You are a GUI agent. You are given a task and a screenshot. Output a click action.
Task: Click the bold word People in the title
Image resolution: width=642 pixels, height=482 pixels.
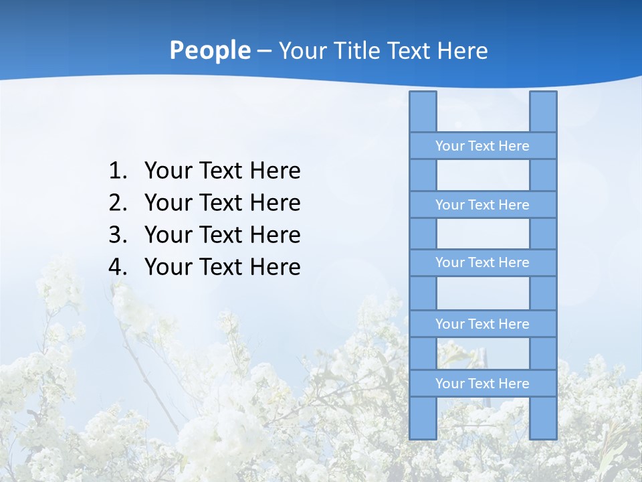pos(209,51)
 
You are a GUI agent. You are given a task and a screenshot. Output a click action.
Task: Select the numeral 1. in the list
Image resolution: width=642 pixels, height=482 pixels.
pos(118,171)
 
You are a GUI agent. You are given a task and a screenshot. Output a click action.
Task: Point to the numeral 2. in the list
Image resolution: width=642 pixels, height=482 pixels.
pos(118,203)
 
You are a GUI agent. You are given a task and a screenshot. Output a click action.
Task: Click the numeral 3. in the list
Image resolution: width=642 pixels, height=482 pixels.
pos(118,235)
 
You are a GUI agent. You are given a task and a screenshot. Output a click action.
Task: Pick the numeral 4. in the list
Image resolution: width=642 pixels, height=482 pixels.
pos(118,267)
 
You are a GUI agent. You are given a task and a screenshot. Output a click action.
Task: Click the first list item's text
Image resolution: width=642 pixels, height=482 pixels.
pos(222,171)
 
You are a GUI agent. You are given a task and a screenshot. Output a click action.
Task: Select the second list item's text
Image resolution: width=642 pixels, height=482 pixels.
pos(222,203)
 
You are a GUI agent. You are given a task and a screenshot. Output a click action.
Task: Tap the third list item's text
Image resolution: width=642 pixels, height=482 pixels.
pos(222,235)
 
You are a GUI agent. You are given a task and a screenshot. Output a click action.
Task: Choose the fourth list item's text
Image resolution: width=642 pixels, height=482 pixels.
pos(222,267)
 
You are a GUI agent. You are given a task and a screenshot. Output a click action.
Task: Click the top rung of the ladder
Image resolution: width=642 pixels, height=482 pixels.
pos(482,146)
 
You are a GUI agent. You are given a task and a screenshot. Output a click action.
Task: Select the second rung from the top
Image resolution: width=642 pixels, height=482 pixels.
pos(482,205)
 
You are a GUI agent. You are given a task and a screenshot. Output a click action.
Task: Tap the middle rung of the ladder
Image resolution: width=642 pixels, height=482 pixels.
pos(482,262)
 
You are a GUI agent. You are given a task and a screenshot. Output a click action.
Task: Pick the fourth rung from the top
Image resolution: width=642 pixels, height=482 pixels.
pos(482,324)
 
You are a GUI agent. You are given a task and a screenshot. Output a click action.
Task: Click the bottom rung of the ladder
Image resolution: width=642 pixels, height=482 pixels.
pos(482,384)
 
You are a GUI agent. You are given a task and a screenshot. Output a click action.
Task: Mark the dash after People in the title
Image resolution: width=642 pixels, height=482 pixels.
pos(263,52)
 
